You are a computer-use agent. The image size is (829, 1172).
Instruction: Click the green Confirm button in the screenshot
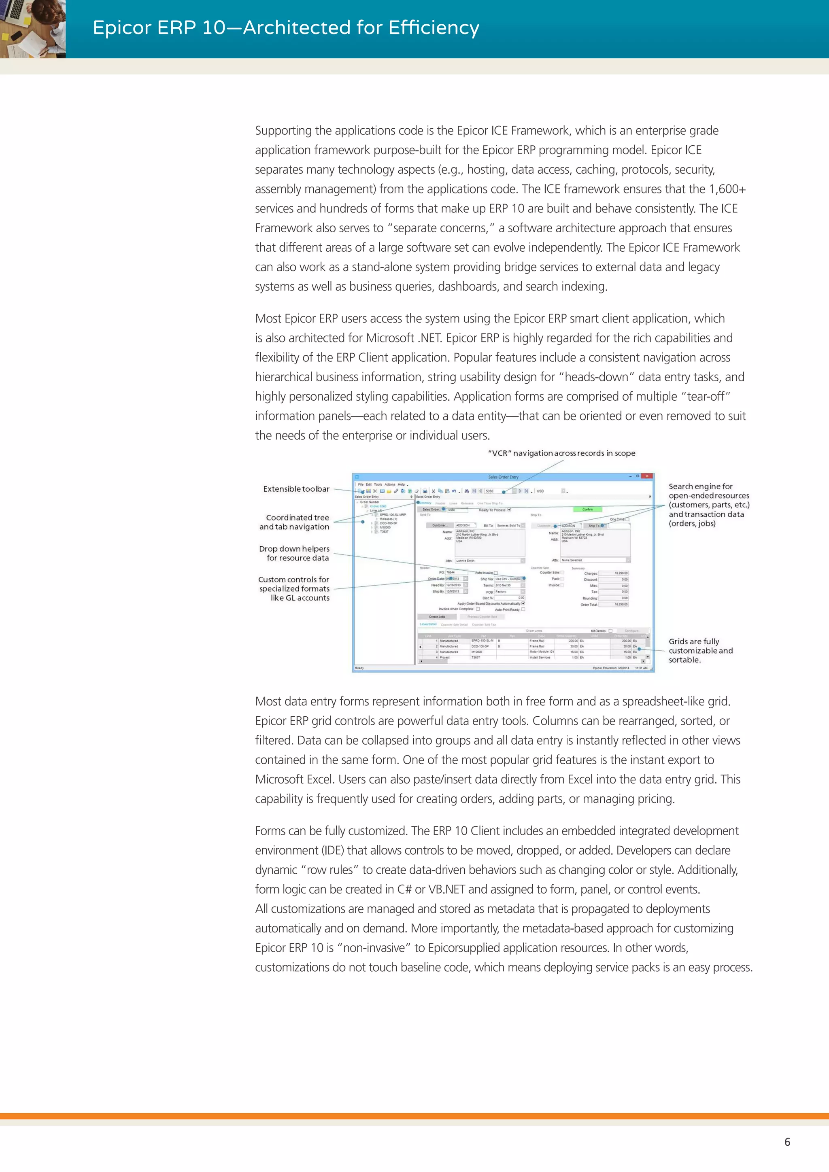coord(588,509)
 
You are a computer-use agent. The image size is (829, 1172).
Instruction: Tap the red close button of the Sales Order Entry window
coord(647,476)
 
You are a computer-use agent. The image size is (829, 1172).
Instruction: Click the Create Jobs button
coord(436,617)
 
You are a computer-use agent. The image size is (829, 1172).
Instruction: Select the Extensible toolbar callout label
coord(296,489)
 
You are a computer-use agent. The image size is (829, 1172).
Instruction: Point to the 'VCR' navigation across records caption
coord(561,453)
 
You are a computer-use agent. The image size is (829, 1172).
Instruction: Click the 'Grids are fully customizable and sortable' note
coord(700,650)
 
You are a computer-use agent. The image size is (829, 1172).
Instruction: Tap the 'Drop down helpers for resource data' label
coord(295,553)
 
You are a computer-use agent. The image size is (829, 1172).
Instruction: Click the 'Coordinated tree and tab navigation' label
coord(295,522)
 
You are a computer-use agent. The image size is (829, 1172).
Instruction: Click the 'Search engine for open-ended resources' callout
coord(708,504)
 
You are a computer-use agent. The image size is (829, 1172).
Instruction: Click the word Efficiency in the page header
coord(434,28)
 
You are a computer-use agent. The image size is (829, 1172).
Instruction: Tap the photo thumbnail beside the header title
coord(33,29)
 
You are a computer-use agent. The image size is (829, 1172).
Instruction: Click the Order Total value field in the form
coord(614,604)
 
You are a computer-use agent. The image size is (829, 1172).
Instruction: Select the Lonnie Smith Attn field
coord(487,561)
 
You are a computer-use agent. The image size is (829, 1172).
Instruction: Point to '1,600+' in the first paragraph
coord(727,189)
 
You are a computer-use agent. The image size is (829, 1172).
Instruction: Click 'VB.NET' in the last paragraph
coord(446,889)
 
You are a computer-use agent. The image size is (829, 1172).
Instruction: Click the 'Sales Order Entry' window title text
coord(503,477)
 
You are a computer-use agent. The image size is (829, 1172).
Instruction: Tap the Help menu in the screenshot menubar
coord(401,484)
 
